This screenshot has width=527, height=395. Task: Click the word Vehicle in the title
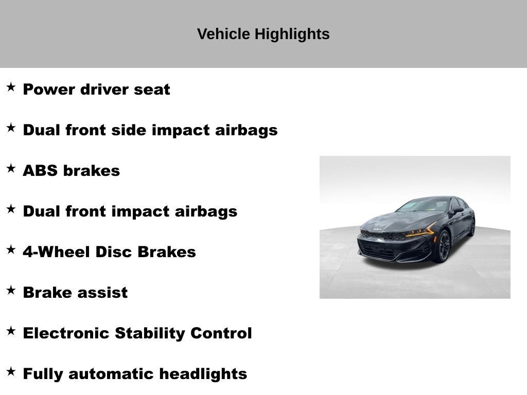[223, 34]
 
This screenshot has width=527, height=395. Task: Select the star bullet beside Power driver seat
[11, 87]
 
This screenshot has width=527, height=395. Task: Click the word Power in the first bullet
[49, 89]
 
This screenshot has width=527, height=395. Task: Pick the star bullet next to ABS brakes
[11, 168]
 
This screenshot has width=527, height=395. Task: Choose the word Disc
[114, 252]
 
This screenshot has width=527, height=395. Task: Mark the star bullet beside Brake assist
[11, 290]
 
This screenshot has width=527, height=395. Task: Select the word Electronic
[66, 333]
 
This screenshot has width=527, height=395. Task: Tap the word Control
[221, 333]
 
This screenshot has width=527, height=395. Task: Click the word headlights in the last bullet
[203, 374]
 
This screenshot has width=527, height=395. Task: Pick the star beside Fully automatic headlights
[11, 371]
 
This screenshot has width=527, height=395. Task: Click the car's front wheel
[443, 246]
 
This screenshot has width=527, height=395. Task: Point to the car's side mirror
[458, 210]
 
